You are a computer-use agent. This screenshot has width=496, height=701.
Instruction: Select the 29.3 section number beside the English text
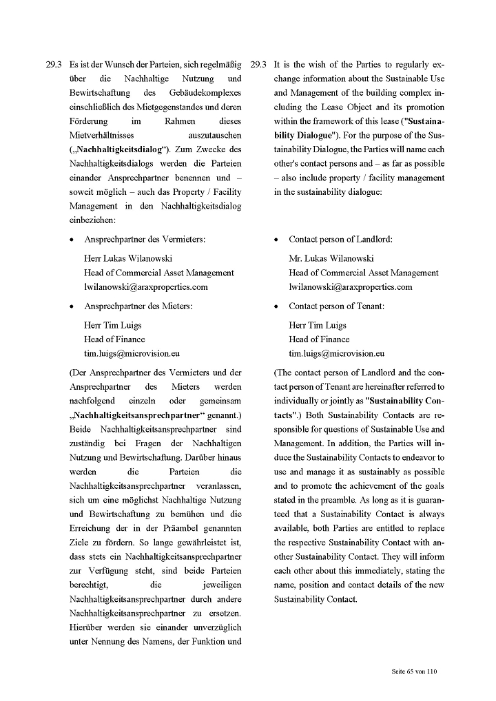[258, 65]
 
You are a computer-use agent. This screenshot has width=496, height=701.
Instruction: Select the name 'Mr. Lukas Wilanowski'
[331, 258]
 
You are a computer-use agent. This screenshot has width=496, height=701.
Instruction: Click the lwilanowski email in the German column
[145, 287]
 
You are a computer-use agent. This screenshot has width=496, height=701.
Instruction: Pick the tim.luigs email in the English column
[336, 353]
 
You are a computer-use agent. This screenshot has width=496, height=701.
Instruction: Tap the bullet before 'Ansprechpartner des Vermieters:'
[72, 240]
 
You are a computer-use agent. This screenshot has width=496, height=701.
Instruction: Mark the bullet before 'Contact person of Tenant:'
[277, 306]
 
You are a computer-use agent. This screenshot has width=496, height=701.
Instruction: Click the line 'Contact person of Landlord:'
[340, 240]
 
